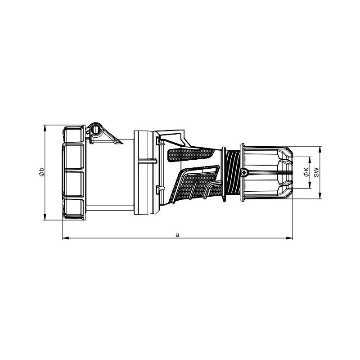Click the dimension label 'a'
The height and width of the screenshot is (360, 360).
(177, 235)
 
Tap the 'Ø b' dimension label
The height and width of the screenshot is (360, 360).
(41, 172)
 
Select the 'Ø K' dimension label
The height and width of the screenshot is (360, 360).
(306, 172)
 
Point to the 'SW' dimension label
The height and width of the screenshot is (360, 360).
(316, 172)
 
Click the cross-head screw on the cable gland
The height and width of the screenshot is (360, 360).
(244, 172)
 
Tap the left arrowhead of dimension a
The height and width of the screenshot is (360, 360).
(66, 238)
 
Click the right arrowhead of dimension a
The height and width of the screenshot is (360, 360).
(289, 238)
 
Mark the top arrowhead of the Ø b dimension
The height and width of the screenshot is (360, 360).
(45, 128)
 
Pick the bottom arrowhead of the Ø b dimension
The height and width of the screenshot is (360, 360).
(45, 217)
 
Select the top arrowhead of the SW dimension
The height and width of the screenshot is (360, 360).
(320, 149)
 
